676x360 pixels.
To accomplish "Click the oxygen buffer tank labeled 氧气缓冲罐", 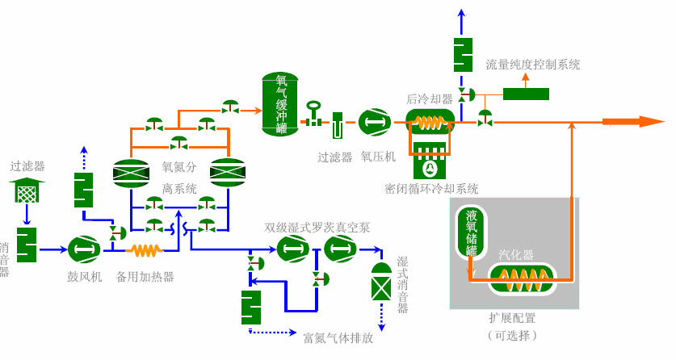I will click(x=280, y=104).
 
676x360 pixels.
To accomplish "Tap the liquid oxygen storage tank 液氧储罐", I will click(x=471, y=234).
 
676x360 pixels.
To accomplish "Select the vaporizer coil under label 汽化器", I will click(x=523, y=279).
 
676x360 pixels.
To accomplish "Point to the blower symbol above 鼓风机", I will click(x=83, y=249).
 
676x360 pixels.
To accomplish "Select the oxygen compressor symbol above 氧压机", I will click(x=374, y=123).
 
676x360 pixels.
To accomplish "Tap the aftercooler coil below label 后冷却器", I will click(x=430, y=123).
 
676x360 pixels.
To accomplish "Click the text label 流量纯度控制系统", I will click(x=532, y=65).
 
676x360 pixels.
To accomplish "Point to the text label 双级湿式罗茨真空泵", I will click(x=317, y=228).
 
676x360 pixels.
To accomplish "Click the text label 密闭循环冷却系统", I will click(x=431, y=188).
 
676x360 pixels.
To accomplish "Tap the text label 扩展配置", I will click(x=512, y=317).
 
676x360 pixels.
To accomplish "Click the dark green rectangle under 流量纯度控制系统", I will click(x=526, y=94).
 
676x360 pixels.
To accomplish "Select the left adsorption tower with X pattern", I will click(x=130, y=171).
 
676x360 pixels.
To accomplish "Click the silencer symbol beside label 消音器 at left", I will click(x=27, y=244).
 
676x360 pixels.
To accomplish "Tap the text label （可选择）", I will click(x=512, y=335).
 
